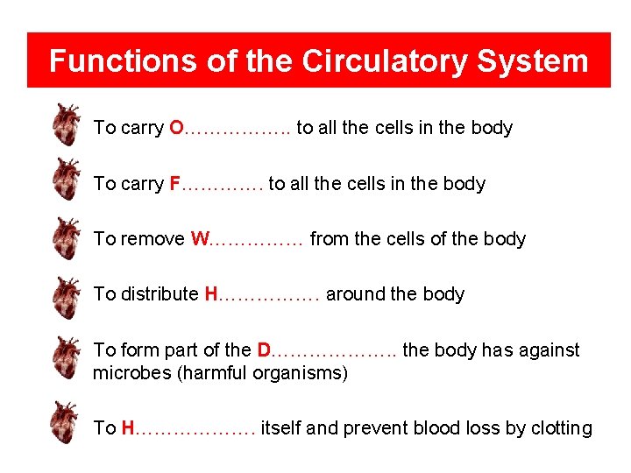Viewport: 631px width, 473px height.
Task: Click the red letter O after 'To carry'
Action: pos(176,128)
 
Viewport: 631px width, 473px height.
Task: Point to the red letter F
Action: pos(174,184)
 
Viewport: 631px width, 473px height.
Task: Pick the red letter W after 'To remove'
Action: pos(199,239)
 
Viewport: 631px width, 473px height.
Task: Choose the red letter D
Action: pos(265,350)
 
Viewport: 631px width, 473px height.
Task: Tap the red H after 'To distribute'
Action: pos(210,294)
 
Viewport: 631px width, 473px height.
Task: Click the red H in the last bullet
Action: pos(128,428)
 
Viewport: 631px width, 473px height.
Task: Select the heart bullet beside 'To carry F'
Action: pos(65,180)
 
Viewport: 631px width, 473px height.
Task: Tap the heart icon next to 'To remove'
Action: pos(65,237)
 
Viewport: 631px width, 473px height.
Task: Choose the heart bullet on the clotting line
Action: pos(65,422)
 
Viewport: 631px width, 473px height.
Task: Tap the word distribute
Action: pos(159,294)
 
